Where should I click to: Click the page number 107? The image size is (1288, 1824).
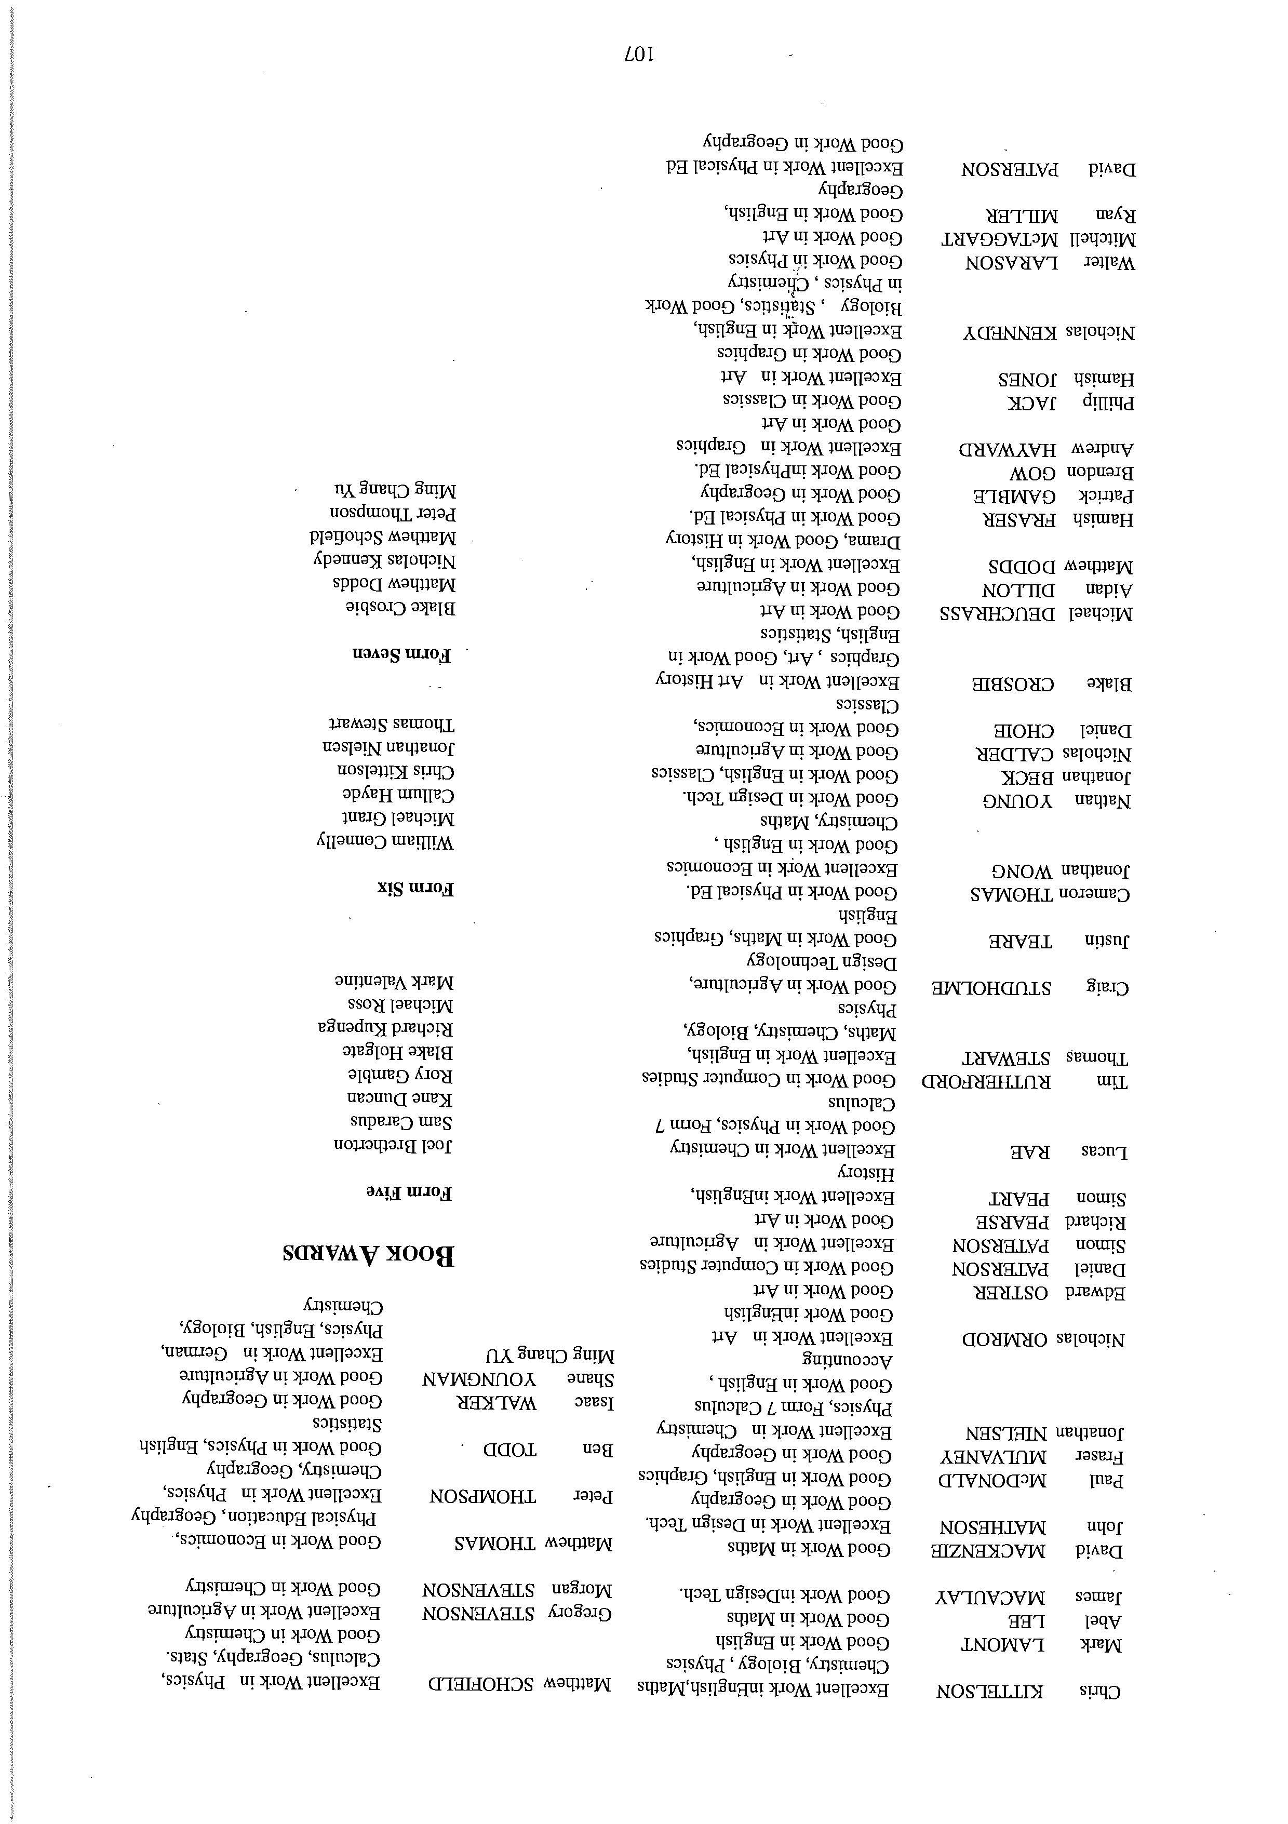click(x=639, y=55)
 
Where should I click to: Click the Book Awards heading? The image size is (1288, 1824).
click(x=369, y=1254)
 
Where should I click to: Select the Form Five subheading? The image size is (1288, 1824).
click(x=409, y=1192)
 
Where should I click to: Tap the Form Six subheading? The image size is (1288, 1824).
click(x=415, y=888)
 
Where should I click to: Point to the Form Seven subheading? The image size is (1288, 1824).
click(x=401, y=654)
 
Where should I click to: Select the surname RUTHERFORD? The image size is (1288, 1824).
click(x=985, y=1081)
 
